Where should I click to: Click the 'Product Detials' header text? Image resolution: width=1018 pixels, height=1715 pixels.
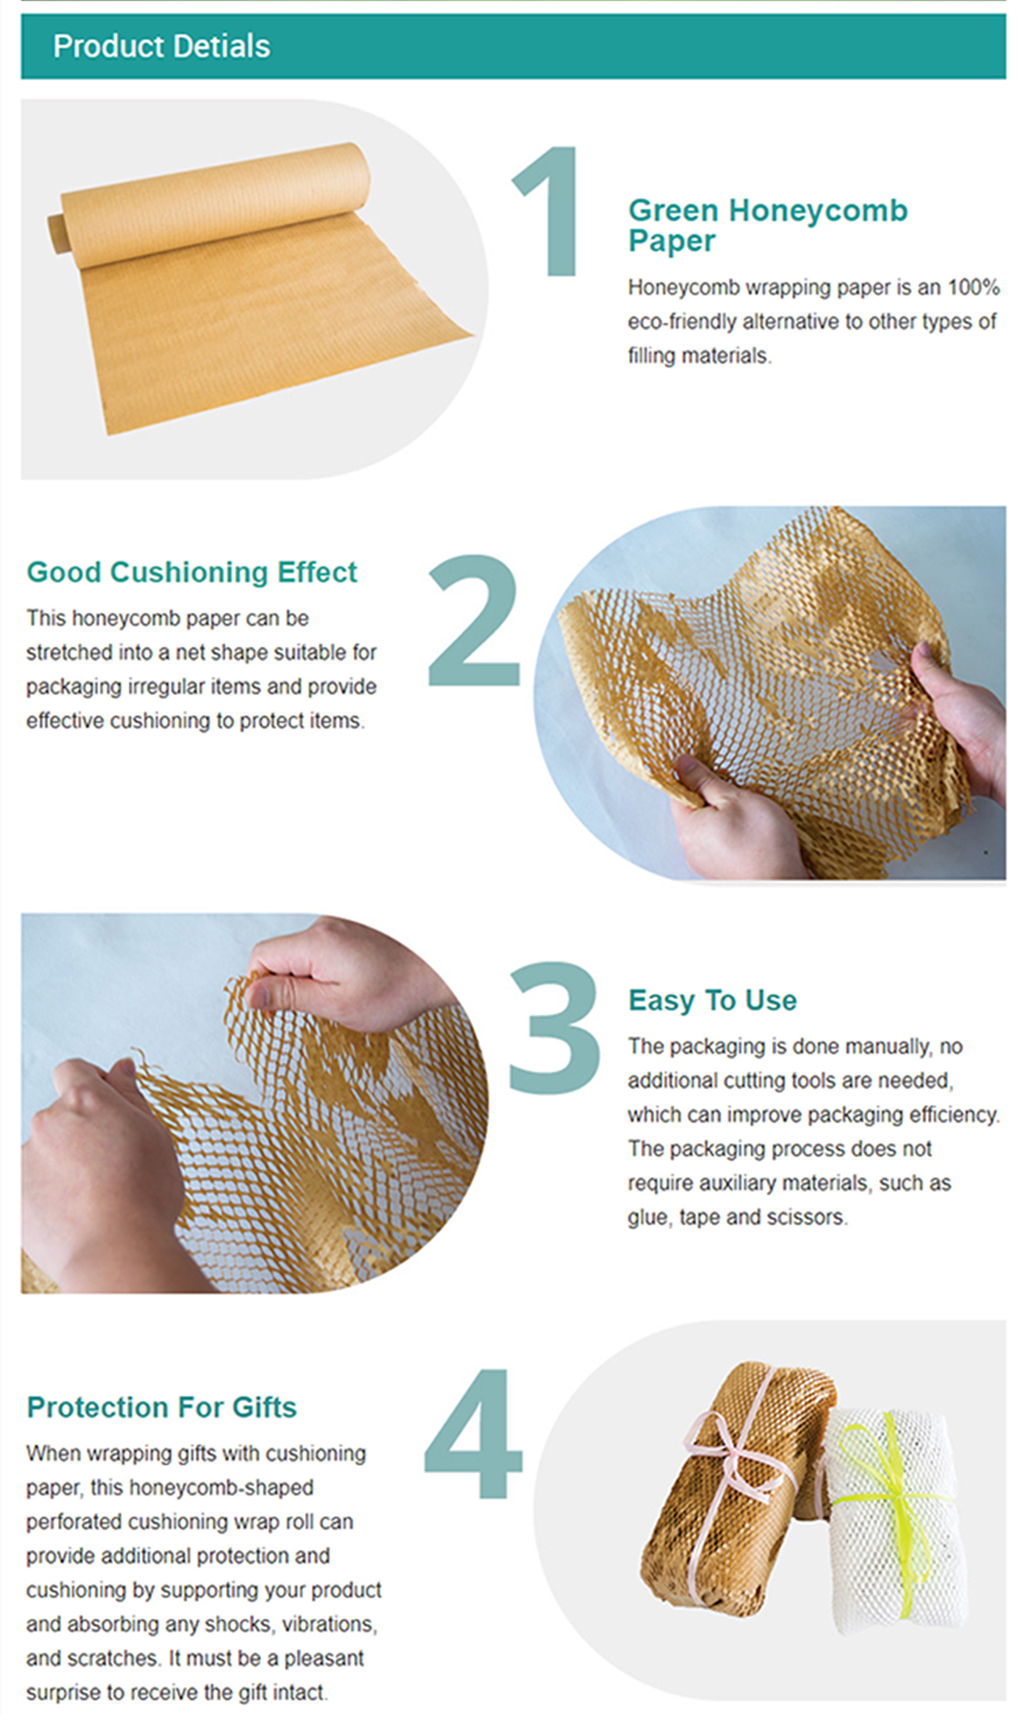[161, 46]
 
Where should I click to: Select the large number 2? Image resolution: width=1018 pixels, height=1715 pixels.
[473, 620]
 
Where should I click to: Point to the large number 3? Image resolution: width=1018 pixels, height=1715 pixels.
[553, 1027]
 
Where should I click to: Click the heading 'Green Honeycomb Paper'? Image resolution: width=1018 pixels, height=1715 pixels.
[767, 225]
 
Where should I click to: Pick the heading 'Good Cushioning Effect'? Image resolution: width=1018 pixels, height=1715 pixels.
[191, 572]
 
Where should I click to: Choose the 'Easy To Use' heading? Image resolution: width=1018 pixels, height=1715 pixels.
[712, 1000]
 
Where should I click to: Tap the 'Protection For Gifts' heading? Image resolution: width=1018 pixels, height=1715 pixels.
[161, 1407]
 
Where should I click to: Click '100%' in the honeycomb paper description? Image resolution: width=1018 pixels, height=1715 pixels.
[974, 287]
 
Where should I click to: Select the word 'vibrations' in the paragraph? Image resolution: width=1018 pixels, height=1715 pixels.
[329, 1624]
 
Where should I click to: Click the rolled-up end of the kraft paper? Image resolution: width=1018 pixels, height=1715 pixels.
[55, 233]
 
